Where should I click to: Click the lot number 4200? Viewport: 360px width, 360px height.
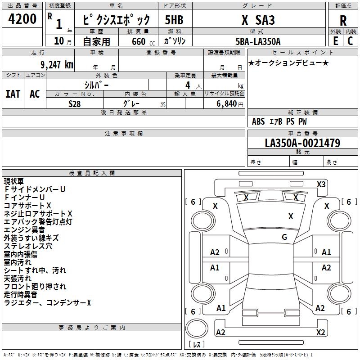23,19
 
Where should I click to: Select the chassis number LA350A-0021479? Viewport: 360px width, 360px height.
302,143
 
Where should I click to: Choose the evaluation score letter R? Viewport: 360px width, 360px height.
343,20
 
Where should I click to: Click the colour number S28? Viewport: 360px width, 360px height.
74,103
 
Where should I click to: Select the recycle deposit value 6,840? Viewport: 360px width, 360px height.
226,103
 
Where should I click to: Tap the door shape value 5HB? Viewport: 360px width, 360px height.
174,20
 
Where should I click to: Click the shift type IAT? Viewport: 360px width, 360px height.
13,94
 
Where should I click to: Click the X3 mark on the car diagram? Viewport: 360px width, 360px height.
321,184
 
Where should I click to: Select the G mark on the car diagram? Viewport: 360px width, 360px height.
284,237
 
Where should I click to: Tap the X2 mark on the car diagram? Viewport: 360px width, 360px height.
320,332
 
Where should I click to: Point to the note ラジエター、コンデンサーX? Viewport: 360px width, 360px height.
47,303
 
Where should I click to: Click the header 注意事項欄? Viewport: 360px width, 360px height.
123,133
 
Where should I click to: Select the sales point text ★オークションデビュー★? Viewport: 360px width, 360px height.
288,63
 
